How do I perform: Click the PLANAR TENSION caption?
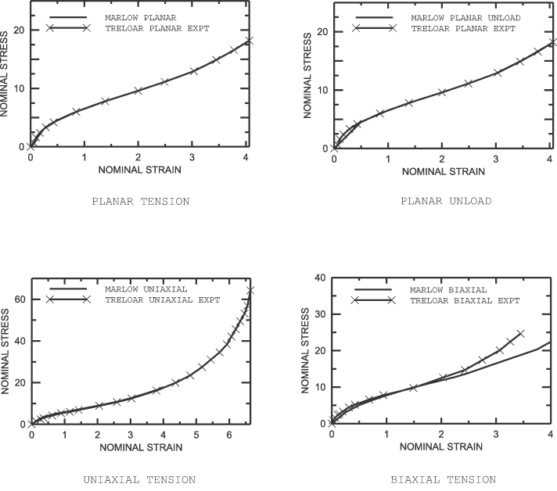(140, 201)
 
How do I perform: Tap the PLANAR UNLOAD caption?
(446, 201)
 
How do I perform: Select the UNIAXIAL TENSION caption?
(139, 479)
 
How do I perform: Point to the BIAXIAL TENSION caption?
(444, 479)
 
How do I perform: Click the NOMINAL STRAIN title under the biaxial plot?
(440, 448)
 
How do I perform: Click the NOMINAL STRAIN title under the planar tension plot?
(139, 169)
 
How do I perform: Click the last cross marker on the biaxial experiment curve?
(520, 333)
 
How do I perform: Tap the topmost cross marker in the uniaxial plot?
(250, 291)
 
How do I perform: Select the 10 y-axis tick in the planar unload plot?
(322, 90)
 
